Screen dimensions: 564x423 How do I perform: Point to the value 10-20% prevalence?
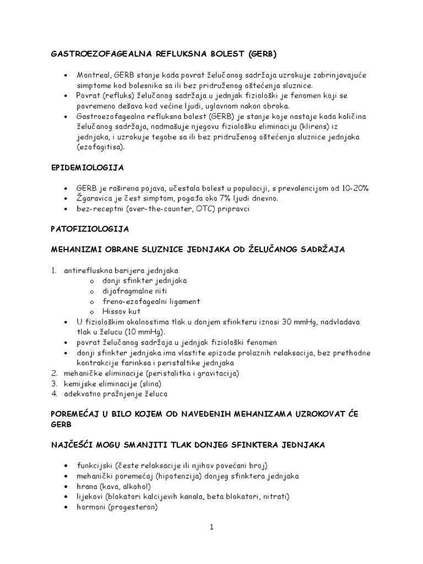click(x=355, y=188)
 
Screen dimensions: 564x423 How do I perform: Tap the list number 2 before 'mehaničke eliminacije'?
click(x=54, y=373)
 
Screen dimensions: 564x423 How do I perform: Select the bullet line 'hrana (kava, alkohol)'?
click(x=113, y=486)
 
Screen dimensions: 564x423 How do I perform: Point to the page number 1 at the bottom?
click(x=211, y=527)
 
